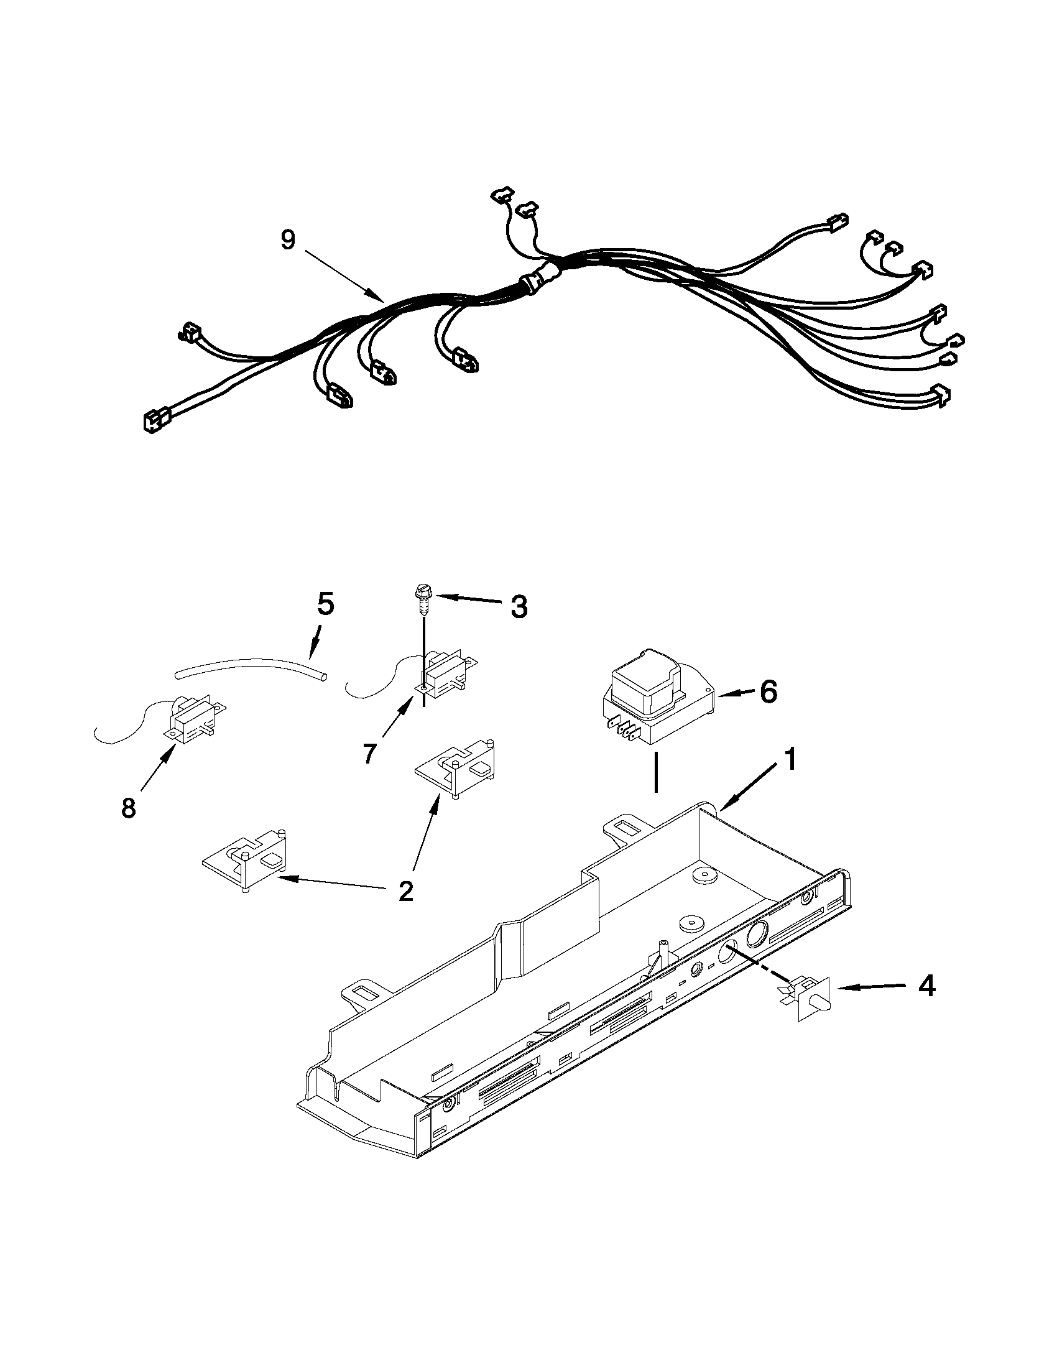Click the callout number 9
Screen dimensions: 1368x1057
tap(287, 239)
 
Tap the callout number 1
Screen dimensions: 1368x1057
tap(791, 760)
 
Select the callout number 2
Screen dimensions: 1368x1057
tap(406, 890)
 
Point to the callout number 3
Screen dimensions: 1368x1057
tap(519, 606)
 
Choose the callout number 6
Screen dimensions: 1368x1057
tap(769, 691)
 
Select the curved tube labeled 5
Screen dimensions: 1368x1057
tap(251, 666)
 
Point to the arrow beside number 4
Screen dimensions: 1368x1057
tap(870, 987)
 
